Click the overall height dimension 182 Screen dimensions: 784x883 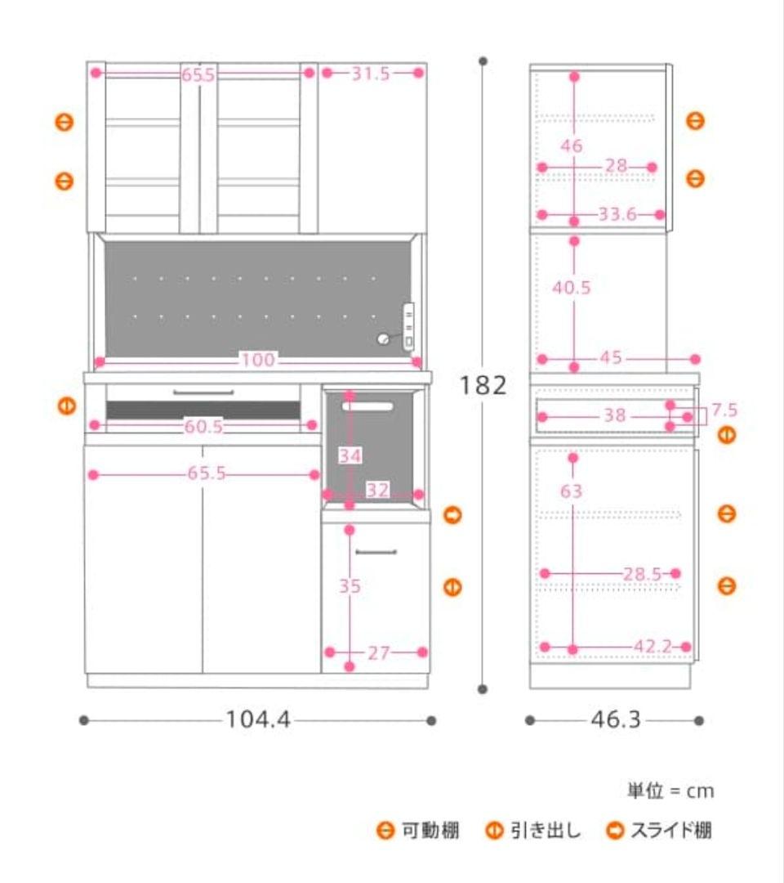point(483,386)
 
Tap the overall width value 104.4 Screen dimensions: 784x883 point(258,719)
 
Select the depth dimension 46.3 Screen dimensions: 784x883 point(616,719)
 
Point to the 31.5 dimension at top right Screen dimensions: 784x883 point(371,74)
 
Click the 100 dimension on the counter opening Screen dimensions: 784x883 point(258,360)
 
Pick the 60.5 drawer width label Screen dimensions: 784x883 point(203,426)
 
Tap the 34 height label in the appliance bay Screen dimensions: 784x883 point(350,455)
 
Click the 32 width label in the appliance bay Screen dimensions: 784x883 point(378,490)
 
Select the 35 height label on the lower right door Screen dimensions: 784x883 point(350,586)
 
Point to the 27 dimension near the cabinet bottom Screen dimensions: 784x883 point(378,653)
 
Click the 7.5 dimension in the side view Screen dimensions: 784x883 point(724,410)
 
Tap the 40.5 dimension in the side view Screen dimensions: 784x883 point(572,288)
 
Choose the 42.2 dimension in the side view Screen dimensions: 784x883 point(653,647)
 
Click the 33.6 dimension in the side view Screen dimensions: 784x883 point(617,214)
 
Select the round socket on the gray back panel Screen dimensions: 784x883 point(383,338)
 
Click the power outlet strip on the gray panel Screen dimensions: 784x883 point(409,327)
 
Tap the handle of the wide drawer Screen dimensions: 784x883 point(203,392)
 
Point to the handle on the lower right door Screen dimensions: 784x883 point(376,552)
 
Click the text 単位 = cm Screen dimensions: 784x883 point(670,791)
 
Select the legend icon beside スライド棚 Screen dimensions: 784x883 point(615,831)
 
